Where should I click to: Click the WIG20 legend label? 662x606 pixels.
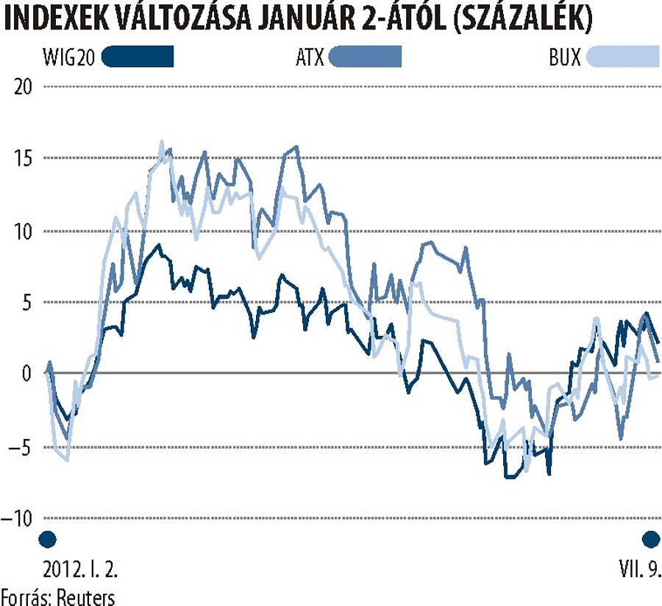(68, 57)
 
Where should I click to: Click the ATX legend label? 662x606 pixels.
(308, 57)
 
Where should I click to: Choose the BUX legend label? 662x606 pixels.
(564, 57)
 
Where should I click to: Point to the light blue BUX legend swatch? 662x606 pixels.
(622, 57)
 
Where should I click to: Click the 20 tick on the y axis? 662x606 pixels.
(24, 87)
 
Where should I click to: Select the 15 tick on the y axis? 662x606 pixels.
(24, 159)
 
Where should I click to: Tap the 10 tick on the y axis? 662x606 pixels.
(24, 231)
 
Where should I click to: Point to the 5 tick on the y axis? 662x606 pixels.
(29, 303)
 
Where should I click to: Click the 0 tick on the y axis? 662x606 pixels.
(29, 374)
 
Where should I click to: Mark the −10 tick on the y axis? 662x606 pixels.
(18, 518)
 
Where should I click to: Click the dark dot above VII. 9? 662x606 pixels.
(650, 540)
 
